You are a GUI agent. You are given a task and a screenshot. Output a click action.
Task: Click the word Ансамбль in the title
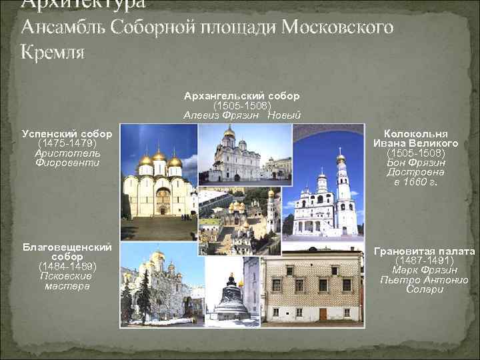pos(63,27)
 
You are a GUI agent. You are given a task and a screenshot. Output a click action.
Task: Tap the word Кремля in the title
pos(53,52)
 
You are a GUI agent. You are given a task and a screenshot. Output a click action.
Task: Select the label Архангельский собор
pos(241,97)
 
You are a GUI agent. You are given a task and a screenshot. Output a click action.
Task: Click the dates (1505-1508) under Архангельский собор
pos(241,105)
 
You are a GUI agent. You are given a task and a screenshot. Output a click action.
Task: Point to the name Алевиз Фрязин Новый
pos(241,115)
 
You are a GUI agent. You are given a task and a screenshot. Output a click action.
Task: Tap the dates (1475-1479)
pos(66,143)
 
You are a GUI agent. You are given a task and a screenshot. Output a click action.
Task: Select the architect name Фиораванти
pos(66,162)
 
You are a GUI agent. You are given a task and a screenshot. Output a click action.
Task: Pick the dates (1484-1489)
pos(66,266)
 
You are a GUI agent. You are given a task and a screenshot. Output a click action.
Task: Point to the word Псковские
pos(66,275)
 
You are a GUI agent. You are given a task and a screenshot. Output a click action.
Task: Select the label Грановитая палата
pos(424,251)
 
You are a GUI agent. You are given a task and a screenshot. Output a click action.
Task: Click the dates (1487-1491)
pos(424,261)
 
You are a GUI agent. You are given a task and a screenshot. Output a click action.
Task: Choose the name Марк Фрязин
pos(424,270)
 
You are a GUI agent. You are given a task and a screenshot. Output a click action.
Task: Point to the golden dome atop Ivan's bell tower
pos(341,157)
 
